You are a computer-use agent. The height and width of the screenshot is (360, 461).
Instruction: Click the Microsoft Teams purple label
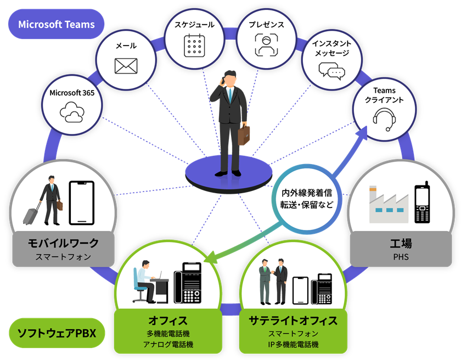pyautogui.click(x=56, y=24)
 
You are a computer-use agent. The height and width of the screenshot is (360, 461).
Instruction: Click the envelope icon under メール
pyautogui.click(x=126, y=65)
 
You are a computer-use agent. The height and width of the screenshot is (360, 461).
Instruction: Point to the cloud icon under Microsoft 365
pyautogui.click(x=72, y=112)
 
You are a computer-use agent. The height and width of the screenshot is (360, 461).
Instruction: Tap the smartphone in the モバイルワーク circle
pyautogui.click(x=81, y=203)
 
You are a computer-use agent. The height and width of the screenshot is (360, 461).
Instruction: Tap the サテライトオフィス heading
pyautogui.click(x=293, y=320)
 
